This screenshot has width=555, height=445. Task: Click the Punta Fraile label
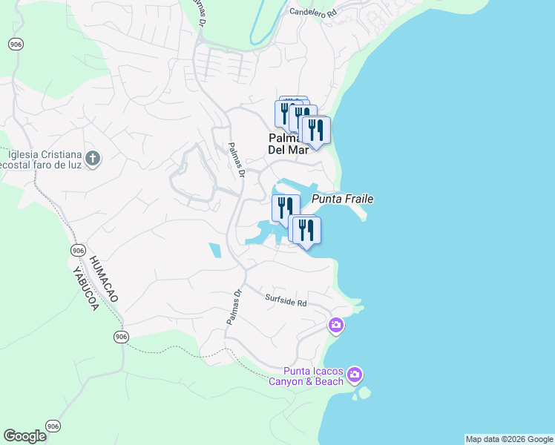(342, 200)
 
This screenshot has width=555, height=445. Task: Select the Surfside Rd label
(286, 301)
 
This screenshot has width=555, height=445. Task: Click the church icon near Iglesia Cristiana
(93, 158)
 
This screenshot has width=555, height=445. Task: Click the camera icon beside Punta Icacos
(355, 375)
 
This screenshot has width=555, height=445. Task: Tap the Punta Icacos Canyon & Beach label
(313, 377)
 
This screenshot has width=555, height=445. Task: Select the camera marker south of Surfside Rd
(336, 325)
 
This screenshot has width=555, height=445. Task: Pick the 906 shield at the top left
(15, 44)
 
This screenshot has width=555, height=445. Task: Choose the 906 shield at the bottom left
(52, 426)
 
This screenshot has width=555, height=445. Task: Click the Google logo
(24, 436)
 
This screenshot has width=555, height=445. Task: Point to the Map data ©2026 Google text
(509, 439)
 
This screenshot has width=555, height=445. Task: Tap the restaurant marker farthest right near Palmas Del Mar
(316, 131)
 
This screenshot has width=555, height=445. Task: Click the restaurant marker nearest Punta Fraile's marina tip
(306, 230)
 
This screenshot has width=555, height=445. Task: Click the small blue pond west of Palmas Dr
(214, 251)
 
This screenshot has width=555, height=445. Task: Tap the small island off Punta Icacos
(363, 394)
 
